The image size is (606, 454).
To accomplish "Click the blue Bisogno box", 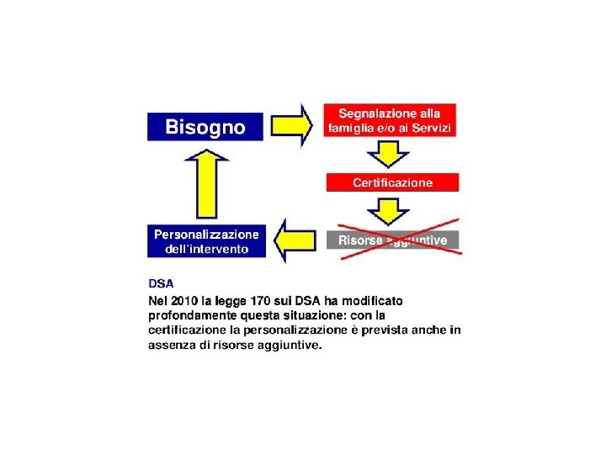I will (x=205, y=127).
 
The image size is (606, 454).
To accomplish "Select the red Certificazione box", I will (x=392, y=182).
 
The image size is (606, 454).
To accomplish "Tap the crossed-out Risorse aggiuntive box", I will (x=392, y=240).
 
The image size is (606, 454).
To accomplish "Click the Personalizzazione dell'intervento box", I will (x=205, y=240).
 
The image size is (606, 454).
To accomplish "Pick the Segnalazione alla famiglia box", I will (x=390, y=121).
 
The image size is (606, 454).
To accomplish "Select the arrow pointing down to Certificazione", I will (x=390, y=155).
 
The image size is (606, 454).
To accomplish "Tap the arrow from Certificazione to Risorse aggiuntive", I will (x=390, y=211).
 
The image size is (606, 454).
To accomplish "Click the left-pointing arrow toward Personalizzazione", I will (x=296, y=240).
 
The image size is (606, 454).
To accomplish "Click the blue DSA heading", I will (x=161, y=285).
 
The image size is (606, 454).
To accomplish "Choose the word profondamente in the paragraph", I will (x=189, y=315).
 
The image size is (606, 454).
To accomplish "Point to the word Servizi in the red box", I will (x=433, y=128).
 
